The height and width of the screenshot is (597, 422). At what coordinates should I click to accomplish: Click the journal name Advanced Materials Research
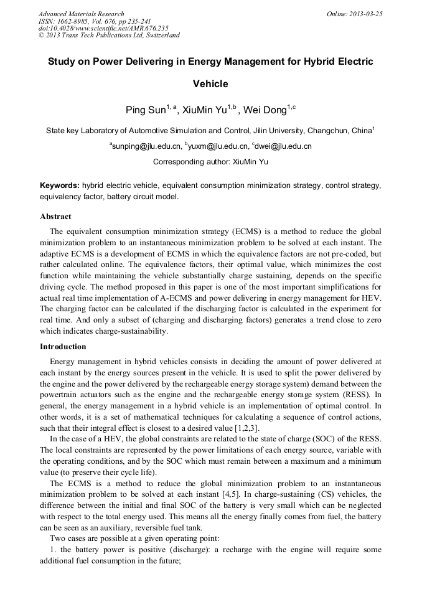pos(81,14)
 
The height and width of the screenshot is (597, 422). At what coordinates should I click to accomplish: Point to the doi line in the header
pos(103,28)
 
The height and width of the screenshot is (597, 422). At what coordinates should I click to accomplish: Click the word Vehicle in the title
pos(210,83)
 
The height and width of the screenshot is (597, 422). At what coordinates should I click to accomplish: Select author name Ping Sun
pos(144,111)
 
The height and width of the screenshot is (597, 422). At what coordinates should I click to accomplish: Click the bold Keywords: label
pos(60,186)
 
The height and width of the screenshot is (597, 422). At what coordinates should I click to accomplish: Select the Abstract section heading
pos(55,217)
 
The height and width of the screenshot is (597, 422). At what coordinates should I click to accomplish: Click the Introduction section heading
pos(63,346)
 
